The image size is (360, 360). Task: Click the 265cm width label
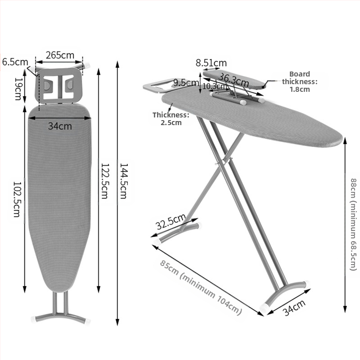60,55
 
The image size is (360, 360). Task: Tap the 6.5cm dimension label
15,62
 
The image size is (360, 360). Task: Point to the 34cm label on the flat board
60,126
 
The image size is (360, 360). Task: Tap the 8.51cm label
211,63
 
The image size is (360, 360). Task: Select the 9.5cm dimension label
186,83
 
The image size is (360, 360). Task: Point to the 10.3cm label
214,86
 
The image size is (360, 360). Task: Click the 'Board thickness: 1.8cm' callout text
300,81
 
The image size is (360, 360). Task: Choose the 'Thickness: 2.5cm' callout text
171,119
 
